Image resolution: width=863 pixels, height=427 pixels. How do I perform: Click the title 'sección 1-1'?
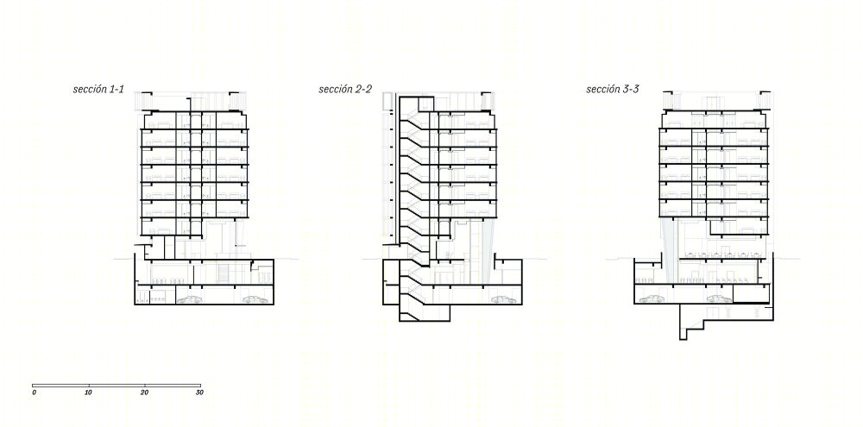tap(98, 89)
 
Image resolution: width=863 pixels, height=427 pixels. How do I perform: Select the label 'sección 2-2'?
tap(345, 89)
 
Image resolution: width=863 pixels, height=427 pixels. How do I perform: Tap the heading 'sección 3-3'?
tap(613, 89)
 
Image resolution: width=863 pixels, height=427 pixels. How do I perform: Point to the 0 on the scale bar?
tap(35, 392)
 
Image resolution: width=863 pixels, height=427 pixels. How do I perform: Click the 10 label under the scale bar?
tap(89, 392)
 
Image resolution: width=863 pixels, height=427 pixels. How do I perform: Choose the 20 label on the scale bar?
tap(144, 392)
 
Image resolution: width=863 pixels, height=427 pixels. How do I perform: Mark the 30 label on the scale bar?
tap(199, 392)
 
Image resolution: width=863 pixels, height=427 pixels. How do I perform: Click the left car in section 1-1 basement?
tap(189, 299)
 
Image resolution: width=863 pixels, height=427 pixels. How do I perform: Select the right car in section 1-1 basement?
tap(255, 299)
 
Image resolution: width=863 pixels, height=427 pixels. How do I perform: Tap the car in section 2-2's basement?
tap(504, 299)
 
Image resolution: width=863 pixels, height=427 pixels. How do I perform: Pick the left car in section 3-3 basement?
tap(651, 298)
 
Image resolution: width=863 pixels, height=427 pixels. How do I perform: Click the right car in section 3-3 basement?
tap(720, 298)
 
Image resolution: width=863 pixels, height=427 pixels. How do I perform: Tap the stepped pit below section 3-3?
tap(695, 329)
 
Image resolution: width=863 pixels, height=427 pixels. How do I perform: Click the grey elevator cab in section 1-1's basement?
tap(223, 273)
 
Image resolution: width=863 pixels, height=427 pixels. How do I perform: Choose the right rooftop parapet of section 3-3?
tap(765, 99)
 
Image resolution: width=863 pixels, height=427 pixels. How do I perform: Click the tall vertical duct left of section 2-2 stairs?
tap(391, 168)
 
